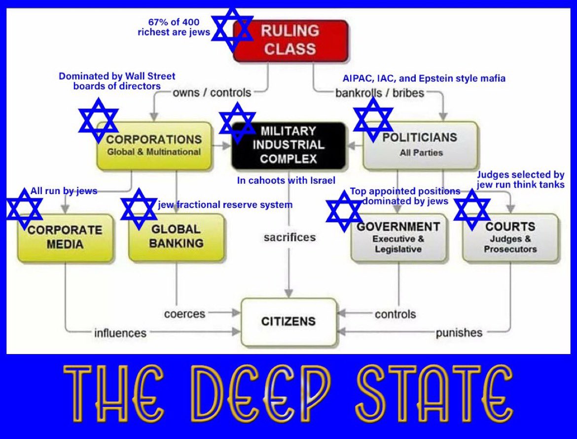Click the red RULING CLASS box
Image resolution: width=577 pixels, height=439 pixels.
[x=291, y=40]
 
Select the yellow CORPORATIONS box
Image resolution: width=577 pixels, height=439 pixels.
[x=155, y=146]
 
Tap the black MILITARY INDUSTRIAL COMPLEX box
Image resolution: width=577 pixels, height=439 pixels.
[x=288, y=145]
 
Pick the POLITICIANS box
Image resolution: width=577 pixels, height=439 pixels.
[x=420, y=146]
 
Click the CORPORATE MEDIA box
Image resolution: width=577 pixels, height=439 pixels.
[x=65, y=237]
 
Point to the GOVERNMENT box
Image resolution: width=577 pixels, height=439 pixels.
[x=398, y=237]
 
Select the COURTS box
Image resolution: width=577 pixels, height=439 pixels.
[x=510, y=237]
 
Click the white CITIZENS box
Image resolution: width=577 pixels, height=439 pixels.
[x=288, y=322]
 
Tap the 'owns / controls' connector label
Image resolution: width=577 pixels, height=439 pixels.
[x=212, y=92]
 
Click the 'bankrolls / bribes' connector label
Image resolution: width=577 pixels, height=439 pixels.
[x=380, y=92]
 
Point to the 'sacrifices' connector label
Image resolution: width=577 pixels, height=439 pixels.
[x=289, y=237]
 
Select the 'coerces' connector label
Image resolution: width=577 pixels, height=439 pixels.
[x=185, y=314]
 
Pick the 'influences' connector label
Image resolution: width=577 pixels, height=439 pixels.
[x=120, y=333]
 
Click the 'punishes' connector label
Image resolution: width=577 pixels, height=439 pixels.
[x=459, y=333]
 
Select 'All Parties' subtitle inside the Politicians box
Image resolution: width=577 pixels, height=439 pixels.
[x=421, y=153]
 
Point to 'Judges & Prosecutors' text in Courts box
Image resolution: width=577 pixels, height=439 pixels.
[x=510, y=244]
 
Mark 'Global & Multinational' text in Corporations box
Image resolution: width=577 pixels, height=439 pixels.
[x=154, y=152]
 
